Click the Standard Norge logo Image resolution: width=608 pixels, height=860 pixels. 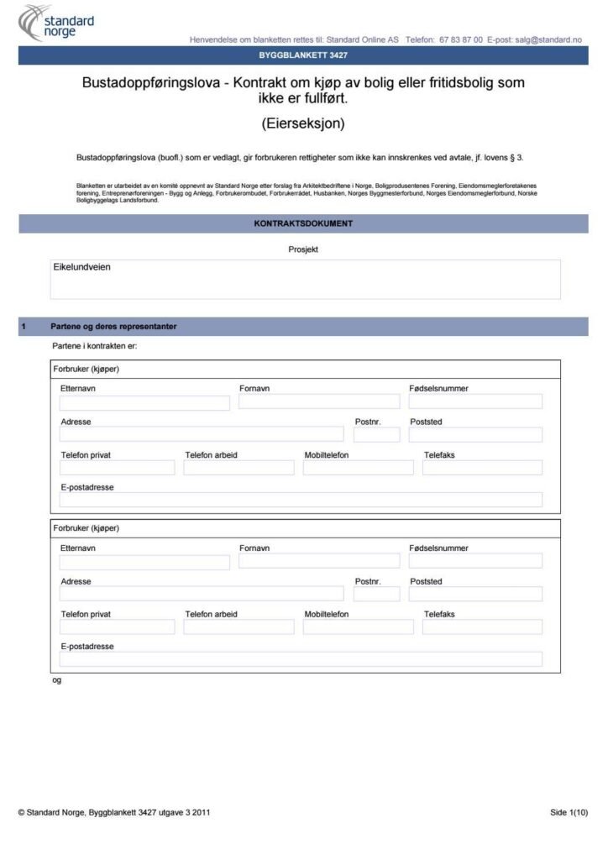(x=57, y=23)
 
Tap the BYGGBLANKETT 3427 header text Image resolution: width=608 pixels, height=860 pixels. (x=303, y=55)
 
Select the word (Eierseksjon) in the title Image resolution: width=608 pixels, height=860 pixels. (x=303, y=123)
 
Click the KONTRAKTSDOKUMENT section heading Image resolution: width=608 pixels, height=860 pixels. (x=303, y=223)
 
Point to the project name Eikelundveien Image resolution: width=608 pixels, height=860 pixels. (x=82, y=267)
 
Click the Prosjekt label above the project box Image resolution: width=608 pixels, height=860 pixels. (x=303, y=249)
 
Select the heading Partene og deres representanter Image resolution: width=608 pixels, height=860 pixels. (x=113, y=326)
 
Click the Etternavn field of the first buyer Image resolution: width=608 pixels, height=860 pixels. (x=144, y=403)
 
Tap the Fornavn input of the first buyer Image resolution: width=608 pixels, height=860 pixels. (x=319, y=401)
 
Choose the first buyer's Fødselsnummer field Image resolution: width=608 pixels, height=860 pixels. (x=475, y=401)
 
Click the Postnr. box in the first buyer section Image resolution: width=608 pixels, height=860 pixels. (x=376, y=434)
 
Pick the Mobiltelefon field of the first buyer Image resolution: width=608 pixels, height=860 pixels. (x=358, y=468)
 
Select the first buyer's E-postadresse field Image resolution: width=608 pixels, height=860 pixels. (x=301, y=500)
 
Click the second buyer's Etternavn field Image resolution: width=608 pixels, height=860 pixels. (x=144, y=563)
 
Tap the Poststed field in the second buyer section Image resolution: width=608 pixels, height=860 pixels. (x=475, y=594)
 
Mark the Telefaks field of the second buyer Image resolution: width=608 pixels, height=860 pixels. (x=482, y=627)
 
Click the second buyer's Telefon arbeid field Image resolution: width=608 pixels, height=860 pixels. (x=238, y=627)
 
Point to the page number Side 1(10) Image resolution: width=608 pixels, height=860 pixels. (x=569, y=812)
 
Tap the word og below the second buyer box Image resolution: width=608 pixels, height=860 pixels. (x=57, y=680)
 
